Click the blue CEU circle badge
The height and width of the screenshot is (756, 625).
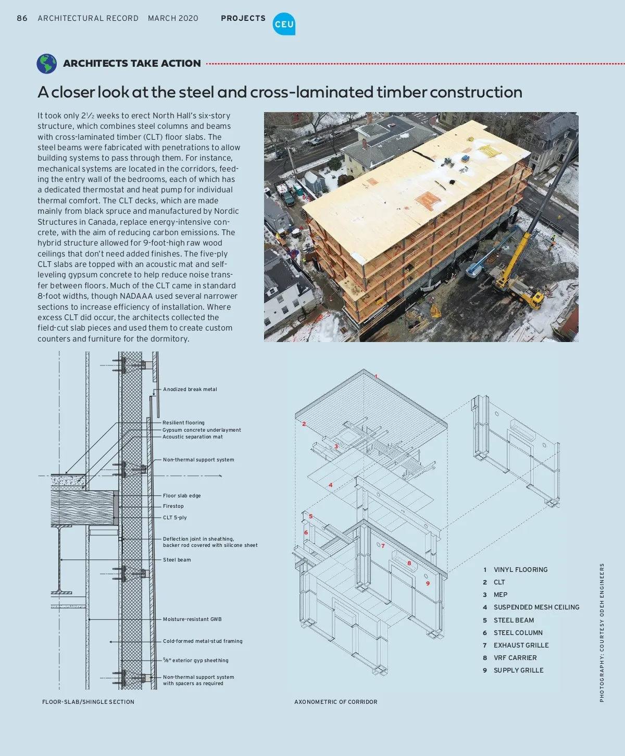tap(284, 24)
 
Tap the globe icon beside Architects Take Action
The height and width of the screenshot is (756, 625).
tap(47, 64)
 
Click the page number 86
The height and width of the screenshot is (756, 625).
tap(22, 18)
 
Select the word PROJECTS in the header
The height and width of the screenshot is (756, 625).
tap(243, 18)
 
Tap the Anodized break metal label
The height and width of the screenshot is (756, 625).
tap(190, 389)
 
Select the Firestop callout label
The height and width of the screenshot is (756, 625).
tap(173, 506)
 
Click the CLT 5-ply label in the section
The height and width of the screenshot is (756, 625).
tap(175, 518)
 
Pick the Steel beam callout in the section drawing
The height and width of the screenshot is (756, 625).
tap(177, 560)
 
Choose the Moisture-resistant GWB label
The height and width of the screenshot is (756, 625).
tap(192, 619)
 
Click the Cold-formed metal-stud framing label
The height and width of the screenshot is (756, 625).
tap(203, 641)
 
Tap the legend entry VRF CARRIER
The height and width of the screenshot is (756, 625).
tap(515, 658)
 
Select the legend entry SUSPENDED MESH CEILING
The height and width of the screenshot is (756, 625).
tap(536, 607)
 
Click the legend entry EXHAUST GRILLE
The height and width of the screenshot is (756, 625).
tap(521, 645)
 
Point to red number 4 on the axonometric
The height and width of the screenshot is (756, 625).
tap(330, 485)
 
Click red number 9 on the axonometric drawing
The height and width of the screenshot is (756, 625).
tap(428, 583)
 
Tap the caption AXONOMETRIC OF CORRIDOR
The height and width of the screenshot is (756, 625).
tap(336, 702)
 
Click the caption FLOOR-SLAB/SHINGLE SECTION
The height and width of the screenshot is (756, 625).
tap(88, 702)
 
